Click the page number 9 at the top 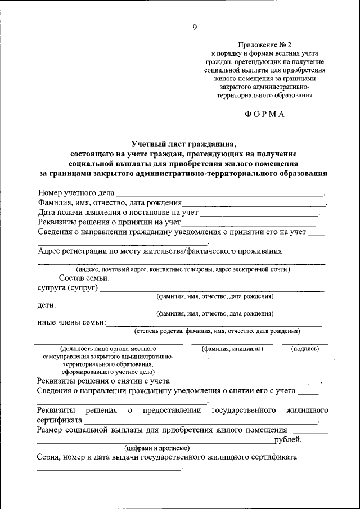click(x=193, y=27)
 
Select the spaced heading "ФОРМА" click(x=265, y=114)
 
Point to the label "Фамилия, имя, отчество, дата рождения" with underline click(x=110, y=203)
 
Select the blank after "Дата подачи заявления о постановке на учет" click(x=259, y=214)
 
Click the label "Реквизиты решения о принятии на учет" click(x=105, y=223)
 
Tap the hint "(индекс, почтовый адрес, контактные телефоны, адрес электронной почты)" click(x=183, y=269)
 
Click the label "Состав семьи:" click(x=84, y=278)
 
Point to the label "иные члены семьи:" click(x=71, y=323)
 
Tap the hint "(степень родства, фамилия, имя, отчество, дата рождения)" click(x=217, y=331)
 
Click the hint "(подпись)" click(x=305, y=349)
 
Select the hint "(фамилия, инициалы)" click(x=232, y=349)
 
